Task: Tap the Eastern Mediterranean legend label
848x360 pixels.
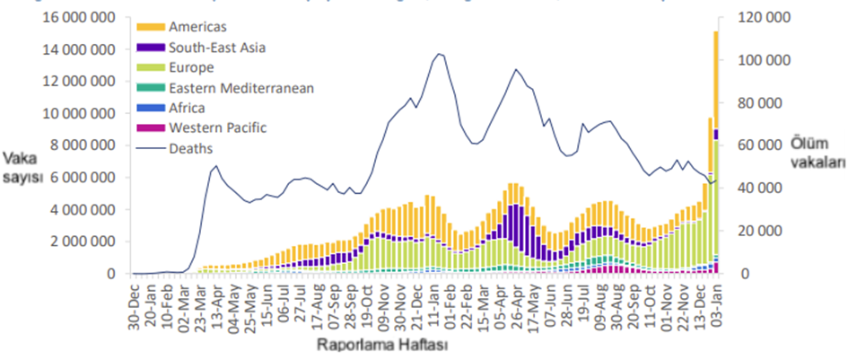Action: click(x=228, y=88)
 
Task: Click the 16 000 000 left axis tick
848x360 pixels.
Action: click(x=78, y=17)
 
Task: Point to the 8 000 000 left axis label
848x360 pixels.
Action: click(x=82, y=145)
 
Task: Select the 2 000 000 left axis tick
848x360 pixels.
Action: click(x=82, y=241)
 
